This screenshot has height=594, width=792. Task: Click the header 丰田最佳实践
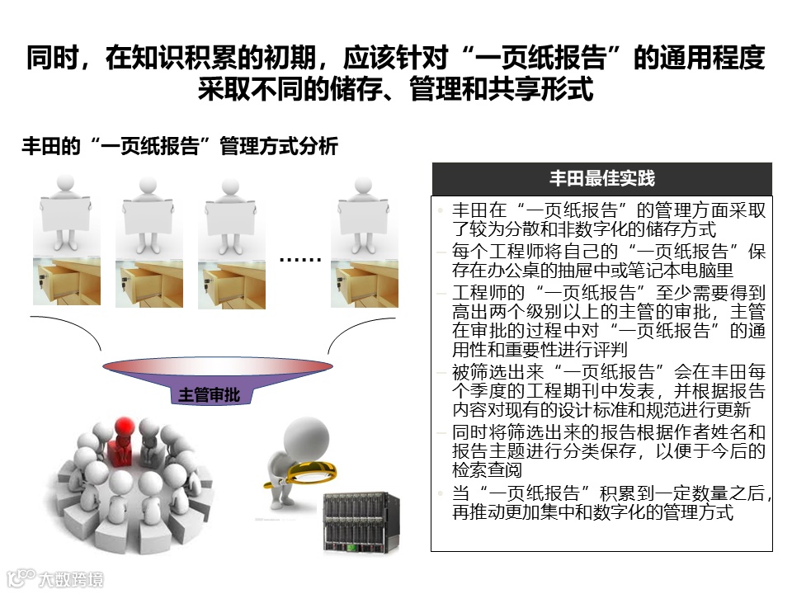click(601, 179)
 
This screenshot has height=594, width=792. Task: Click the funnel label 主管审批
click(209, 394)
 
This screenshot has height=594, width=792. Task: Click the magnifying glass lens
click(313, 471)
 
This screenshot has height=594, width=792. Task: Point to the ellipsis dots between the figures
click(300, 260)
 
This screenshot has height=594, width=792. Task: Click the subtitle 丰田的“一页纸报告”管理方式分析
click(179, 148)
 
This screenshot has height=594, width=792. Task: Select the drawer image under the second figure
click(148, 282)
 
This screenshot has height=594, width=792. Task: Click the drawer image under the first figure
click(67, 281)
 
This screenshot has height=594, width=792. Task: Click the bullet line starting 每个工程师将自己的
click(609, 250)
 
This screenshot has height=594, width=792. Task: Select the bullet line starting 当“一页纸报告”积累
click(610, 493)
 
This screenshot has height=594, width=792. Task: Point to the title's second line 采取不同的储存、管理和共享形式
click(395, 88)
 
